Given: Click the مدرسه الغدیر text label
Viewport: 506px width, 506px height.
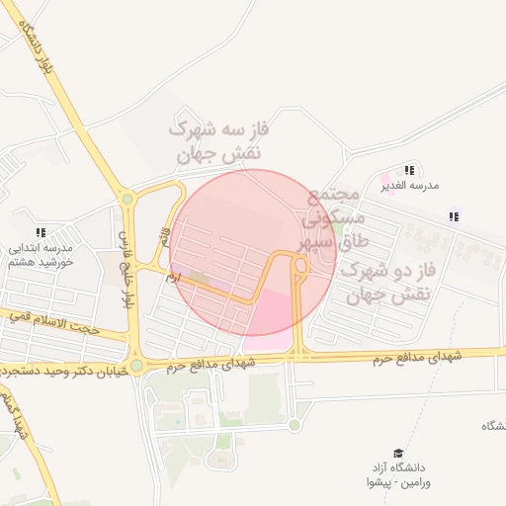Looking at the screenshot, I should click(410, 185).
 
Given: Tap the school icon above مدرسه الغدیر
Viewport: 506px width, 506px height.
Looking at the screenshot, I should click(410, 171).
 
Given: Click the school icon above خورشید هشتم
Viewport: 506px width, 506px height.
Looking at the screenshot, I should click(41, 232).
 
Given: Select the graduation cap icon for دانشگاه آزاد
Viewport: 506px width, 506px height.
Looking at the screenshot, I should click(398, 452).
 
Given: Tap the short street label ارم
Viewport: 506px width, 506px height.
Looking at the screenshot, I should click(175, 281).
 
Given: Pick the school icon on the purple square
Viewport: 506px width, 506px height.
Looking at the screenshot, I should click(455, 216).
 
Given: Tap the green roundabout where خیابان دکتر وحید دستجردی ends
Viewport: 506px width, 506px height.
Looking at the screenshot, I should click(136, 367).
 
